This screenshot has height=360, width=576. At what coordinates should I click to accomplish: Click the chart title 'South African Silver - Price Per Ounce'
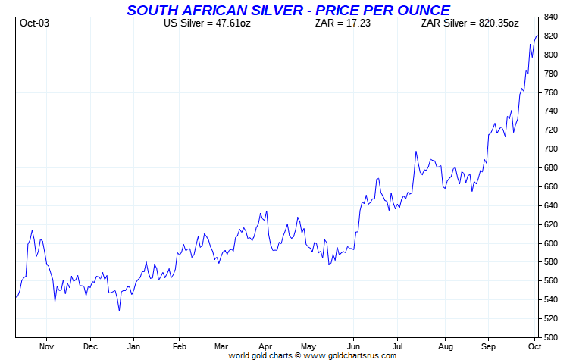click(288, 10)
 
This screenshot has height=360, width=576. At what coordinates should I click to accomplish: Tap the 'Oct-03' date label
click(34, 23)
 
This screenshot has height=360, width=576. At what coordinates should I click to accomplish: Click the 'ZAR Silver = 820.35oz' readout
click(470, 23)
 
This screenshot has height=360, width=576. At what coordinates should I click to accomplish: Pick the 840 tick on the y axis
click(551, 17)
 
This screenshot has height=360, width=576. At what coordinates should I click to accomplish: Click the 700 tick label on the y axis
click(551, 149)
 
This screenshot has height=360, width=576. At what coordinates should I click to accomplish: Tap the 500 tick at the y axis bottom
click(551, 337)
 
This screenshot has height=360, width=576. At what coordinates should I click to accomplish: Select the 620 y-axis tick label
click(551, 224)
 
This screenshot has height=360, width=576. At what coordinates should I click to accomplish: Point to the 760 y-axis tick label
click(551, 92)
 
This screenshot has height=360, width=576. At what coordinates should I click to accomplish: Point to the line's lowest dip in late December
click(119, 311)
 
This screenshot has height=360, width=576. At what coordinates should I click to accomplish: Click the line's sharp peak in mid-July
click(416, 152)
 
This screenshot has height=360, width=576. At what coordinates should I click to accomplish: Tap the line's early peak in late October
click(32, 230)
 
